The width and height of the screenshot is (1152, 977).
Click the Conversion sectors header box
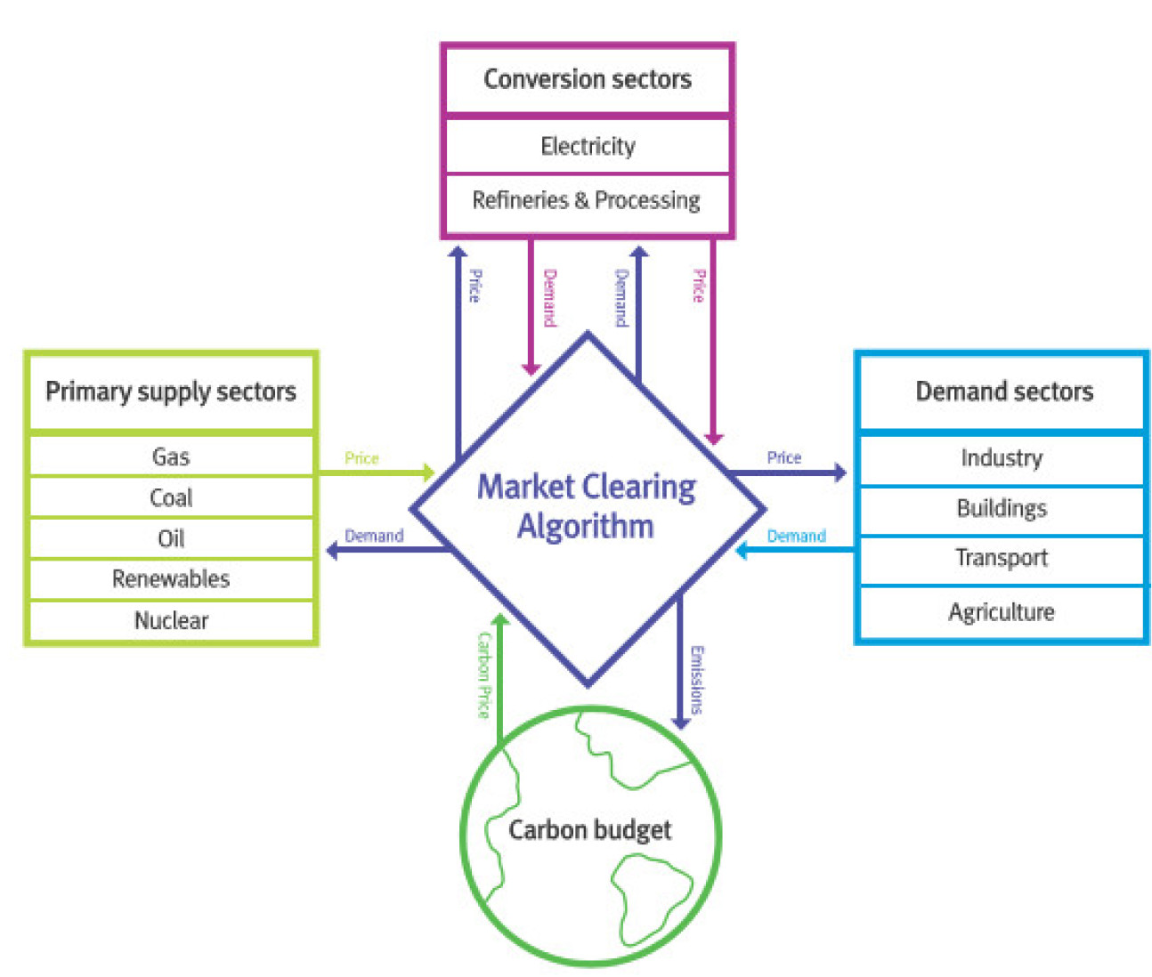[588, 79]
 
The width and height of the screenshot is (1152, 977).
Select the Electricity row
[588, 146]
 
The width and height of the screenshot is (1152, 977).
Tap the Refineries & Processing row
[587, 200]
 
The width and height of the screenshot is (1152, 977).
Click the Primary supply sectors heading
[171, 392]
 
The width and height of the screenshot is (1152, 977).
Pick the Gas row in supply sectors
[171, 456]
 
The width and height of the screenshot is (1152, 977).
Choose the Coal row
[171, 497]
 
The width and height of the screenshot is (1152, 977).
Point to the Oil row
[171, 538]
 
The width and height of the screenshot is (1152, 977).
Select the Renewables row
[171, 579]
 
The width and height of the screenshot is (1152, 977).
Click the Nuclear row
[171, 620]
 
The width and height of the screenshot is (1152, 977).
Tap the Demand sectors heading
[1004, 392]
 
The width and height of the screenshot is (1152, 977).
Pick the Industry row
[1002, 458]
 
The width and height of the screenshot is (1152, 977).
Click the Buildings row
[1002, 508]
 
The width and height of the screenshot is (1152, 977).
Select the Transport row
[1002, 558]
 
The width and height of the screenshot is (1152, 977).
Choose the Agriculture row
[1002, 612]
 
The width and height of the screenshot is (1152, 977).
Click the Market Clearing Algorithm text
[587, 506]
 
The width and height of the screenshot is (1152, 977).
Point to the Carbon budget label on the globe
[589, 830]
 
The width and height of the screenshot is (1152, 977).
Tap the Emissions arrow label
[697, 680]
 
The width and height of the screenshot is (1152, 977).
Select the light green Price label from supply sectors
[361, 458]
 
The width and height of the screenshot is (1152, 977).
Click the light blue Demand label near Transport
[796, 537]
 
